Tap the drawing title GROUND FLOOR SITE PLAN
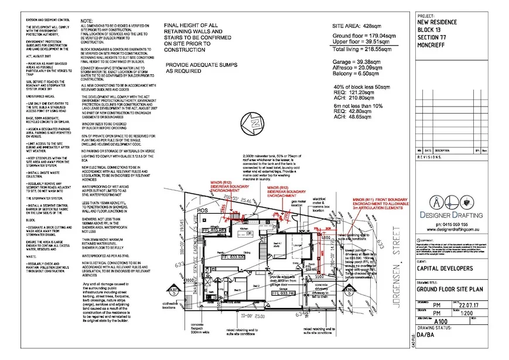click(450, 289)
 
